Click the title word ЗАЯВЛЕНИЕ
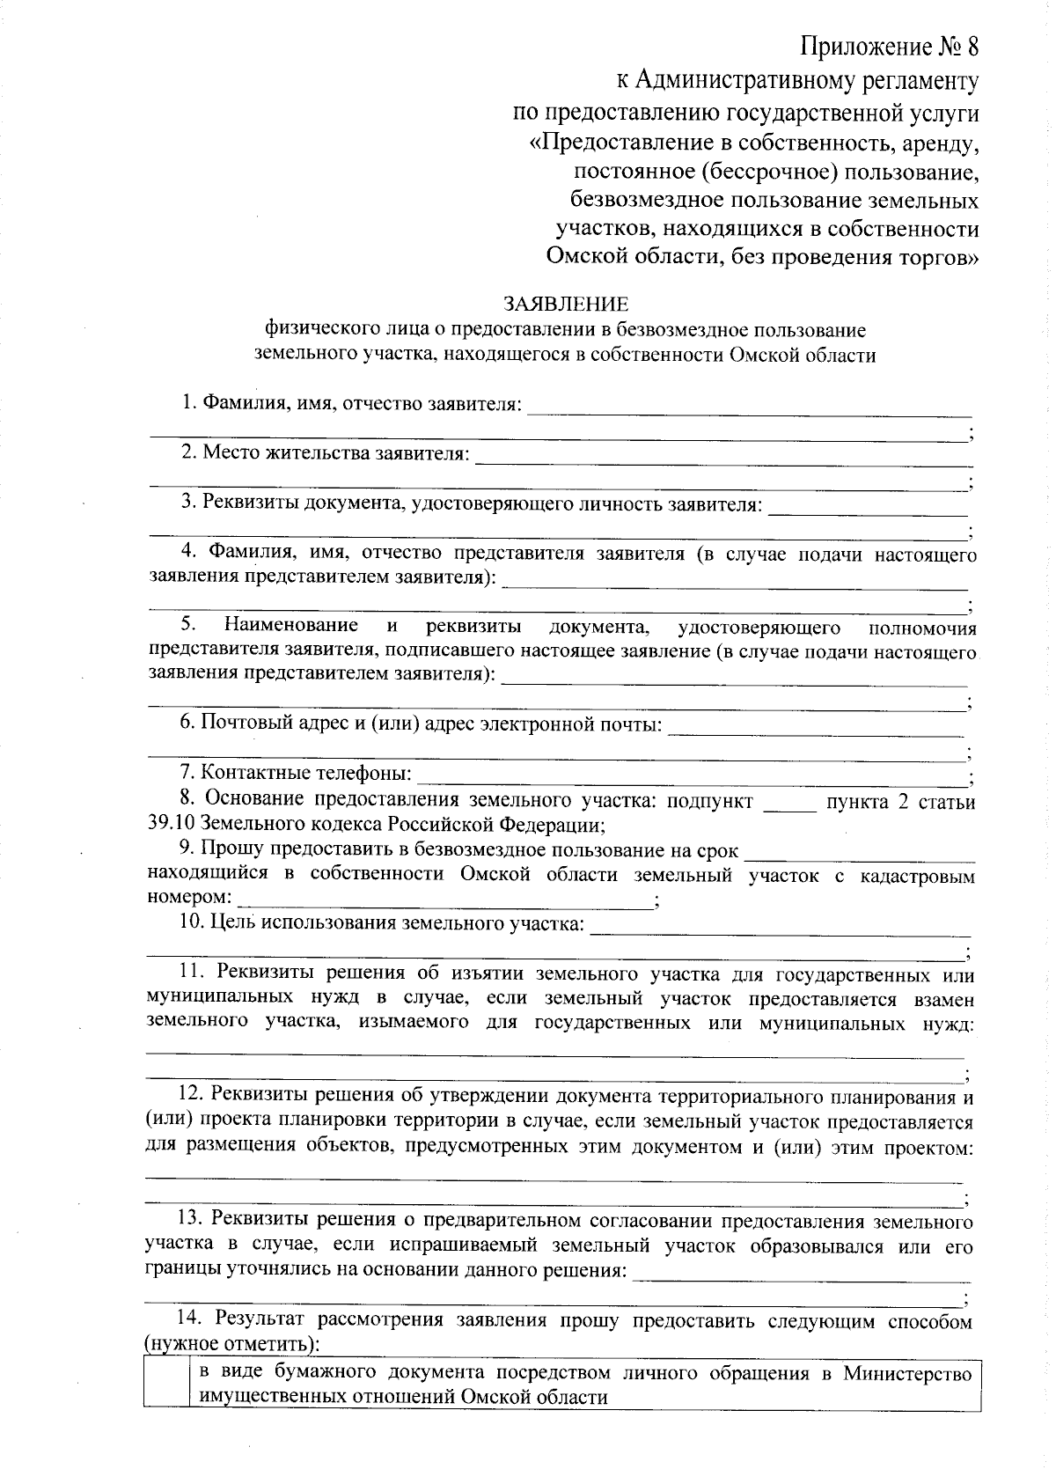pos(566,305)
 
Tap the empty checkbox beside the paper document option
pos(166,1386)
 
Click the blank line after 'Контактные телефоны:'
pos(691,776)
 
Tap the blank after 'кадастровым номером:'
pos(444,900)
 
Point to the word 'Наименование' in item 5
pos(290,626)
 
